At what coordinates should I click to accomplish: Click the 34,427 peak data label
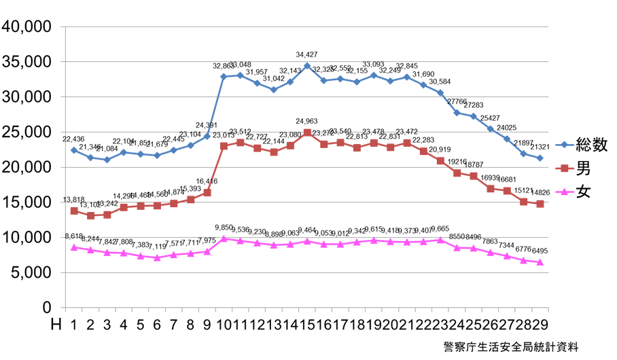point(306,54)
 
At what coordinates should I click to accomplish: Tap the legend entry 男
point(583,168)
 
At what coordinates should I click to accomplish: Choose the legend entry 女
point(583,192)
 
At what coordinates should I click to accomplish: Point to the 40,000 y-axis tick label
point(27,26)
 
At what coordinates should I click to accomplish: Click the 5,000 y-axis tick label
point(31,273)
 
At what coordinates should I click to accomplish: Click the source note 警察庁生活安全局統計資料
point(510,346)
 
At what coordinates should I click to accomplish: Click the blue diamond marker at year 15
point(307,66)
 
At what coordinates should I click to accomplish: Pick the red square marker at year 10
point(224,145)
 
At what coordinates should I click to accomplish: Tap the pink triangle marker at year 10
point(224,238)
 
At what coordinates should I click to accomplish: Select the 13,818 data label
point(73,200)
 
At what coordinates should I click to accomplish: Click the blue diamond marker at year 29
point(540,158)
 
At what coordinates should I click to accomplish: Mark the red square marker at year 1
point(73,211)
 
